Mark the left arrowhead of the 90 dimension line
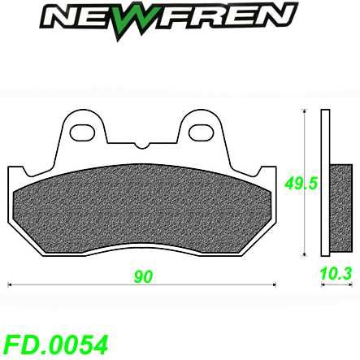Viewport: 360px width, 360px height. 11,286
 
